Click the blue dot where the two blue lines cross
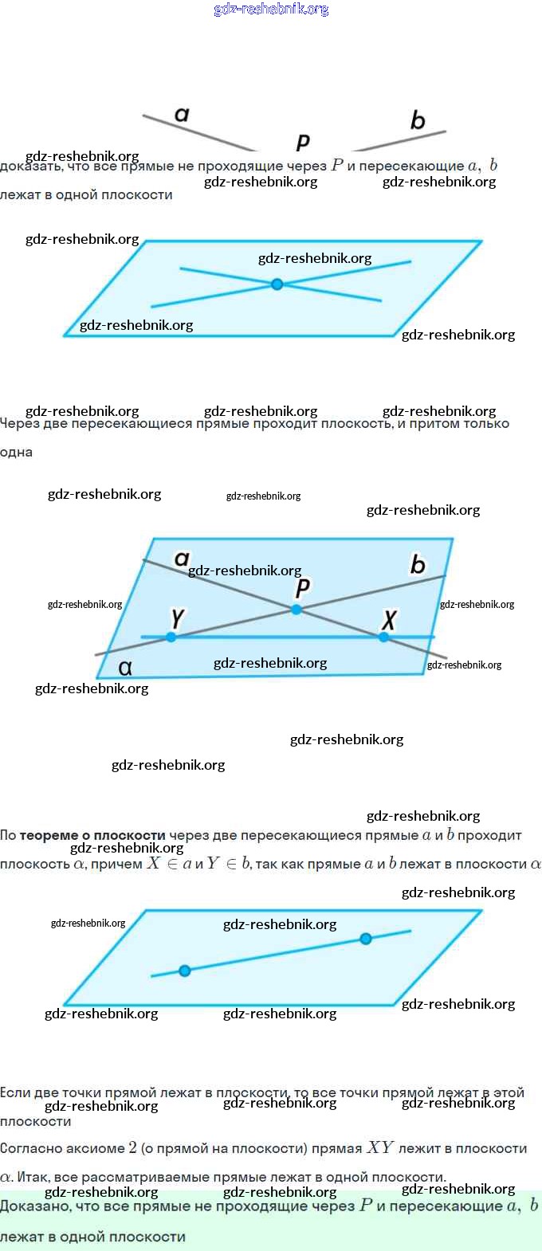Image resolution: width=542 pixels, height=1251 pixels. [x=277, y=284]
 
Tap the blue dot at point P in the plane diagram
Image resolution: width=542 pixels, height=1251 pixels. [x=297, y=610]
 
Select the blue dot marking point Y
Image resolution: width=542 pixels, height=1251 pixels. [x=171, y=637]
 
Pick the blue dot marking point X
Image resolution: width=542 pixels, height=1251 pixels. [x=384, y=637]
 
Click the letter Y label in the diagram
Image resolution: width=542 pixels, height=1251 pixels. [x=177, y=618]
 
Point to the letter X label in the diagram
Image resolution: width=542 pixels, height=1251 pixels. [x=389, y=619]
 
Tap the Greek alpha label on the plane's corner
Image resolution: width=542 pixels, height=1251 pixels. [x=125, y=667]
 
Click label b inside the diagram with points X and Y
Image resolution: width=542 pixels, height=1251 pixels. [x=417, y=565]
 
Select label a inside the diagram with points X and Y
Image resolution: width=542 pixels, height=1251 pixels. [x=182, y=559]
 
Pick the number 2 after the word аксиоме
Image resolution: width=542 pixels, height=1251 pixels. [x=132, y=1148]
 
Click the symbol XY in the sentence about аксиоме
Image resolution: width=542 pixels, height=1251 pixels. [x=379, y=1148]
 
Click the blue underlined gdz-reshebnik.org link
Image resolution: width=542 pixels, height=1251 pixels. [x=271, y=9]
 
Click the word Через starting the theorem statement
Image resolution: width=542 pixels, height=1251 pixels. [x=20, y=424]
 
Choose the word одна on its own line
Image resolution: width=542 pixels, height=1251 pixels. [x=17, y=453]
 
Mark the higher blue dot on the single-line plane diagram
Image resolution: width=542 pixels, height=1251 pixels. [x=366, y=939]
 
